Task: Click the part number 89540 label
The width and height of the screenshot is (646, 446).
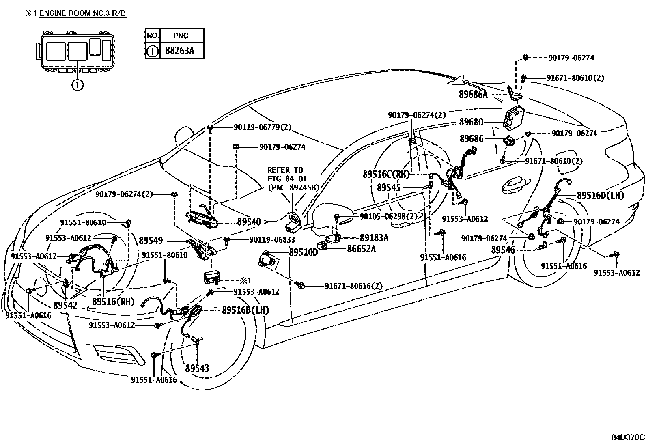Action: pos(249,222)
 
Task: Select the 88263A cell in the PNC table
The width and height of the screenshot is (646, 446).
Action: pos(180,52)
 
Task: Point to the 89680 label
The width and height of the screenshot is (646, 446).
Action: pos(472,122)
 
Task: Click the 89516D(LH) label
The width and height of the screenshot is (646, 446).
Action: pos(601,196)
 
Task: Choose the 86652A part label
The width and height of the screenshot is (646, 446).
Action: pos(361,249)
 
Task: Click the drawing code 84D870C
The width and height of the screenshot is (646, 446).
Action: pos(627,437)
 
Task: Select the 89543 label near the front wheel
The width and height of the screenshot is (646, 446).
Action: pos(198,368)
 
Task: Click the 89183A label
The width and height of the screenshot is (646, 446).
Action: pos(374,238)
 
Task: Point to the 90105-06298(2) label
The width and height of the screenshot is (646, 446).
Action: pos(388,216)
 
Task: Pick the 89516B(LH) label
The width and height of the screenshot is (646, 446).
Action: pos(245,310)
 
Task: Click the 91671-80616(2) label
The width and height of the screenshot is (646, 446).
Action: pos(353,286)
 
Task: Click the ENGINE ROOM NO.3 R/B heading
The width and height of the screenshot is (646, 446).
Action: pos(82,13)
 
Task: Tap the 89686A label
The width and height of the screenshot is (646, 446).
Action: pos(473,94)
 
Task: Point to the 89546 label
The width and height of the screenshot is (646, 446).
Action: pos(503,250)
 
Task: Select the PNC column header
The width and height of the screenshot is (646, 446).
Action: pos(181,35)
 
